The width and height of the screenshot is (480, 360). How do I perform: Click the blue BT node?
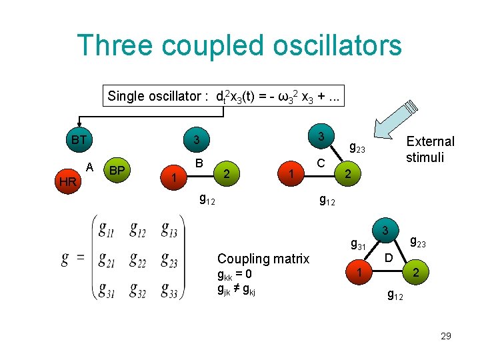point(79,141)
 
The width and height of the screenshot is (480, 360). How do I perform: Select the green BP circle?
point(117,170)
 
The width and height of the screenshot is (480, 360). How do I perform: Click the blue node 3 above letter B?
point(196,141)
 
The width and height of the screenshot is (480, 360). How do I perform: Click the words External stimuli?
point(430,149)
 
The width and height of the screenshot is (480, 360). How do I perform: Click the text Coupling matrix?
point(263,259)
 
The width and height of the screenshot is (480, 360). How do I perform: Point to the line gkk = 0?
point(235,275)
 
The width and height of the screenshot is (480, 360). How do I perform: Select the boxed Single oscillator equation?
point(223,95)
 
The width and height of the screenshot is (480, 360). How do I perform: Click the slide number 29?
point(445,336)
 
